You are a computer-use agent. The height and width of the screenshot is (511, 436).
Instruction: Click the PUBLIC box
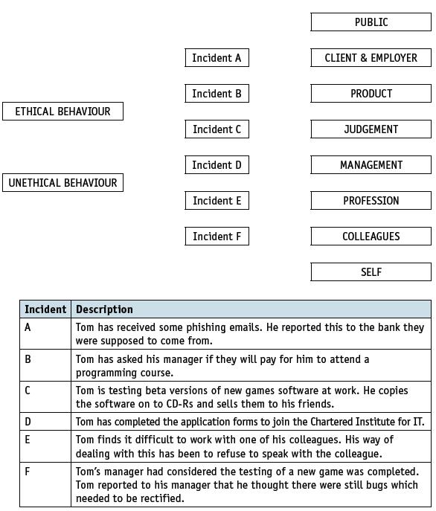pyautogui.click(x=371, y=22)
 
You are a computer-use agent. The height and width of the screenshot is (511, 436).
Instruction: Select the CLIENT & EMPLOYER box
pyautogui.click(x=371, y=58)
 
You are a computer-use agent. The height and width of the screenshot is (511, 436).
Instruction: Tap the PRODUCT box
pyautogui.click(x=371, y=94)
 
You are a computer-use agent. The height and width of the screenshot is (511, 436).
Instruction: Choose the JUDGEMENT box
pyautogui.click(x=371, y=129)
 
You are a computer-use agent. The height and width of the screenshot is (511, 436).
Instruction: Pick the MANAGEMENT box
pyautogui.click(x=371, y=165)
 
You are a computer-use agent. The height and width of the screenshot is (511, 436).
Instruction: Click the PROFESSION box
pyautogui.click(x=371, y=201)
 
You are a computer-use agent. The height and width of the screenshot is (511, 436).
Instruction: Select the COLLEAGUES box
pyautogui.click(x=371, y=237)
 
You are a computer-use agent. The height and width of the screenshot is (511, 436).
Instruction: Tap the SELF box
pyautogui.click(x=371, y=272)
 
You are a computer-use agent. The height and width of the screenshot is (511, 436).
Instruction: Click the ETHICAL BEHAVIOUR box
pyautogui.click(x=62, y=112)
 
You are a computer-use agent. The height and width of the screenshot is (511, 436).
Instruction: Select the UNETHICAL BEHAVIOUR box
pyautogui.click(x=62, y=183)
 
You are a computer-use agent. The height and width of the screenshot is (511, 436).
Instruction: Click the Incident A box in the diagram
pyautogui.click(x=217, y=58)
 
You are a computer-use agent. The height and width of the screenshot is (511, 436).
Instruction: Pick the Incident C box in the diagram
pyautogui.click(x=217, y=129)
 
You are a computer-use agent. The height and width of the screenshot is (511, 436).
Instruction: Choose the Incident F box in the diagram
pyautogui.click(x=217, y=237)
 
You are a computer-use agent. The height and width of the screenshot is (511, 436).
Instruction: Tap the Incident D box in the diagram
pyautogui.click(x=217, y=165)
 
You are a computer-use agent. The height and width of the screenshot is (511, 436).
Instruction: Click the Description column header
pyautogui.click(x=104, y=309)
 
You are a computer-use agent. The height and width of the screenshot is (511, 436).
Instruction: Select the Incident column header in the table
pyautogui.click(x=45, y=309)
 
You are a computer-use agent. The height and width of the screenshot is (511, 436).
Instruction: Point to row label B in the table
pyautogui.click(x=28, y=359)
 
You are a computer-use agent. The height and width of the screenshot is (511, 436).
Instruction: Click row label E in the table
pyautogui.click(x=28, y=440)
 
